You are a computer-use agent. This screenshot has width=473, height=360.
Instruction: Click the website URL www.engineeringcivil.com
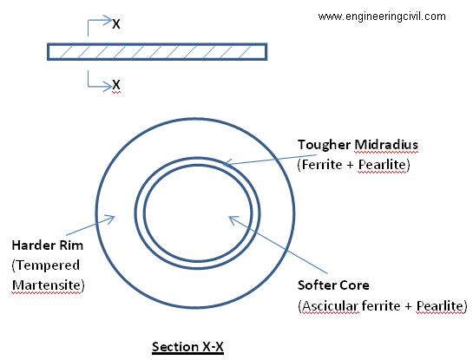[382, 16]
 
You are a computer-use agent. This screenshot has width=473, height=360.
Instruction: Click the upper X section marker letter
[116, 23]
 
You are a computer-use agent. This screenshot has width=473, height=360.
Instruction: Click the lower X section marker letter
[116, 85]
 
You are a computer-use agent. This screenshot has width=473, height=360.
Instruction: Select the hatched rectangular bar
[157, 52]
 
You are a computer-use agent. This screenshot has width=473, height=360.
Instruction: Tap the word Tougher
[325, 145]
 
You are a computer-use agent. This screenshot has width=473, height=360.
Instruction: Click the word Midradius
[386, 144]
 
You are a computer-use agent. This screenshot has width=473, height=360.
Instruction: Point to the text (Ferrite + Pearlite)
[354, 165]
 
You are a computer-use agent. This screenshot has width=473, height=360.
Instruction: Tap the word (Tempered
[46, 265]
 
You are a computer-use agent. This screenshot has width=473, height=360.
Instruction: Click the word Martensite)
[49, 285]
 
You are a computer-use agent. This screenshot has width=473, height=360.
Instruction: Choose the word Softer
[317, 285]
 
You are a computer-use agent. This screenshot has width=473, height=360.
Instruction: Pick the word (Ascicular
[328, 306]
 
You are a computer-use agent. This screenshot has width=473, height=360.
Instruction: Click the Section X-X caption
[187, 347]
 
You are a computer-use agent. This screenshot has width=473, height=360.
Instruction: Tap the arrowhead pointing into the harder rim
[112, 218]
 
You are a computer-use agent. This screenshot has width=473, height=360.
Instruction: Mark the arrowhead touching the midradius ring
[227, 163]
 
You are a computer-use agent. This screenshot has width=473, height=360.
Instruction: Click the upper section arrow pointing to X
[100, 25]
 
